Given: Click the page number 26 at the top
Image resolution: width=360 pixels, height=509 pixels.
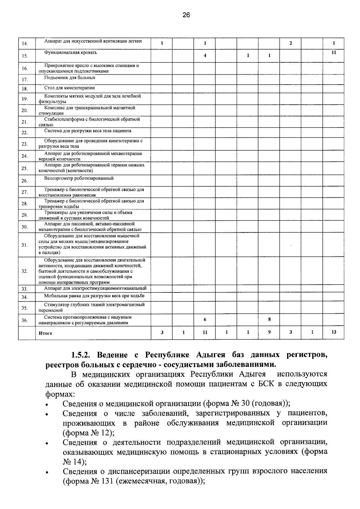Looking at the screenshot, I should pos(186,15).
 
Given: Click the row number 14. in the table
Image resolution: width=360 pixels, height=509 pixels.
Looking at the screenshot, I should pos(25,44).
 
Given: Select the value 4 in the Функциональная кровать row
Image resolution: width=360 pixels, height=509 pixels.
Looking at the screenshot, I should pos(205,55).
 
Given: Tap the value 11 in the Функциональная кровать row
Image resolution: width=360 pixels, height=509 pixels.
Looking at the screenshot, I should pos(334,52).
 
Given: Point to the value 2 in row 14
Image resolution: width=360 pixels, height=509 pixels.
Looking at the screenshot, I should pos(290,43).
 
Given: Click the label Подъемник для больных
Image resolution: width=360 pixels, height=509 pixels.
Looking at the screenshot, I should pos(70,77).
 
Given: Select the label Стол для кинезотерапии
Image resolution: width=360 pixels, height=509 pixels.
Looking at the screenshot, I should pos(69,88).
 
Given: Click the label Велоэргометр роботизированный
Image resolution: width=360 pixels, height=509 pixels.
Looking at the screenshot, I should pos(79,178).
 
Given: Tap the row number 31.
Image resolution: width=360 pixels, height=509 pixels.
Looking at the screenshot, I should pos(25,245).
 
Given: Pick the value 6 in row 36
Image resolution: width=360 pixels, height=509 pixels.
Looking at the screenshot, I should pos(205,320).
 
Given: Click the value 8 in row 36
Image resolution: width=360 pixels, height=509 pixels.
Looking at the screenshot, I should pos(269,319).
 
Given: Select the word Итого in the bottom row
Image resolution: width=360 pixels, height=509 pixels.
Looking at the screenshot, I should pos(45,333).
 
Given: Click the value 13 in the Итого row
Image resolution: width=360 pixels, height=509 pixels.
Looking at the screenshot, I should pos(334,332).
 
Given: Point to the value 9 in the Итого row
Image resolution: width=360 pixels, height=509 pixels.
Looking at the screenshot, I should pos(269,332).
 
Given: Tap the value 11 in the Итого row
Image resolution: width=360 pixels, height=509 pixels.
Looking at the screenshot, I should pos(205,332).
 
